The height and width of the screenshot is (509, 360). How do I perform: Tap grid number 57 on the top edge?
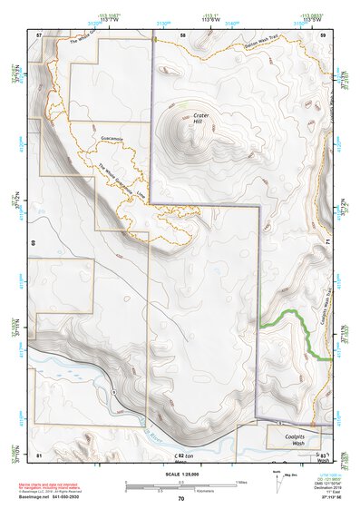coord(39,34)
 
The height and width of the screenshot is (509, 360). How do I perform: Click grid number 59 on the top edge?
coord(326,34)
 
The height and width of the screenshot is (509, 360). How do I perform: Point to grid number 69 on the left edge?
coord(34,243)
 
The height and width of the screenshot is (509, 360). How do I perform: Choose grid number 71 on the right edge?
coord(326,243)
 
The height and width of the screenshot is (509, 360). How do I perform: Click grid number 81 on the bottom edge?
coord(39,454)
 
